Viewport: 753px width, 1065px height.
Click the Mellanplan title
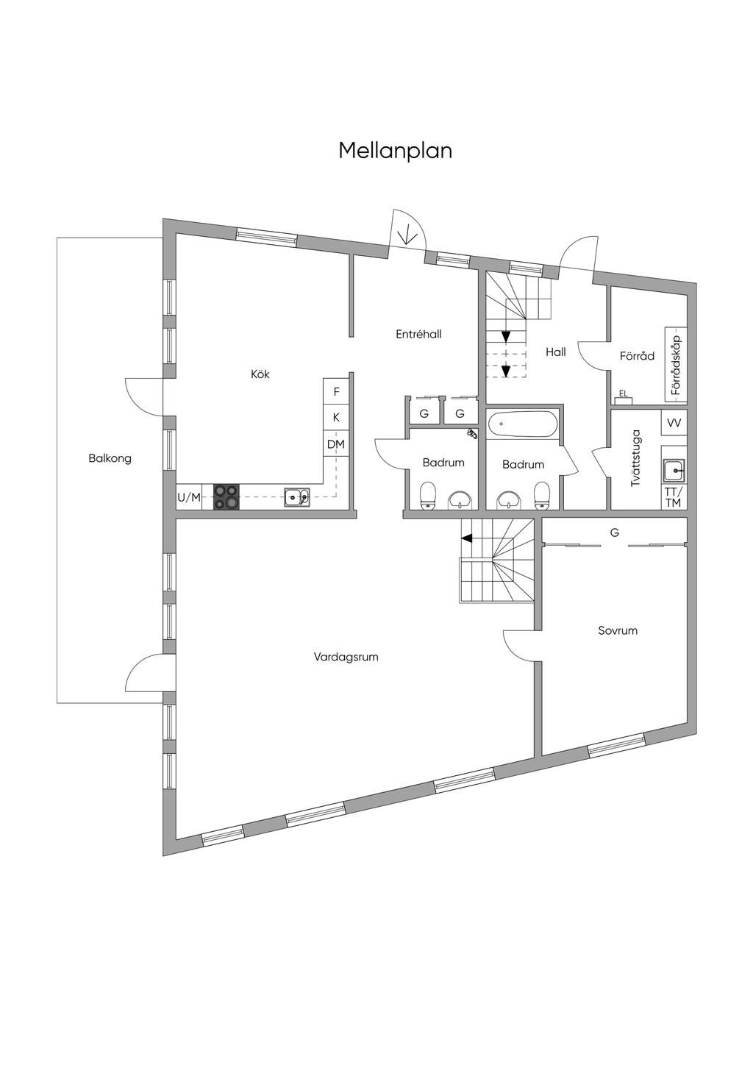395,151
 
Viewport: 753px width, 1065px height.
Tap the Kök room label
260,374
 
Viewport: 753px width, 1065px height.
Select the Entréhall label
418,334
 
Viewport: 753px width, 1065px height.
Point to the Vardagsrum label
346,657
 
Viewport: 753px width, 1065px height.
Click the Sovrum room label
618,630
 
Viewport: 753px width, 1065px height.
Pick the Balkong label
110,458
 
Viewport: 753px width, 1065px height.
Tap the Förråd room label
637,356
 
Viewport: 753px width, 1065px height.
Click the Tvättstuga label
635,458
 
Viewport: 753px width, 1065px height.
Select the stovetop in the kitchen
226,496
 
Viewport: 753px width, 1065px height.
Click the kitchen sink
297,498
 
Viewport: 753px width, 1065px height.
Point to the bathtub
523,424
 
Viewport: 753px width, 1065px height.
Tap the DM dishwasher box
336,444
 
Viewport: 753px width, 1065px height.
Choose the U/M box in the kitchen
189,497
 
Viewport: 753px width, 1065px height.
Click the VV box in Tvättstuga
674,423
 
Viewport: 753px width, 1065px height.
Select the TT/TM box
674,497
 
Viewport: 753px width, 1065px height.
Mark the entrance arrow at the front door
407,236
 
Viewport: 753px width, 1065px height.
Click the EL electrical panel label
624,393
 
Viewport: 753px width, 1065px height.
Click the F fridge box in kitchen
337,392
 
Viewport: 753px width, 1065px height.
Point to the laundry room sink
674,471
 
